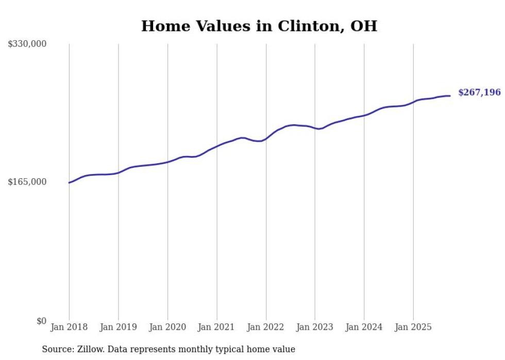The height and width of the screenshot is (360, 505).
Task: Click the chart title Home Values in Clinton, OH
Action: click(259, 26)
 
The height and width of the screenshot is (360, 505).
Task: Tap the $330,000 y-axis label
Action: click(27, 44)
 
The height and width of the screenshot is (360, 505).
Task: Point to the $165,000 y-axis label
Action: click(27, 182)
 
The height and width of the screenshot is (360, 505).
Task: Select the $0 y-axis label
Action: click(42, 321)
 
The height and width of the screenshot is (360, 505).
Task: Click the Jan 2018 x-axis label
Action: click(69, 327)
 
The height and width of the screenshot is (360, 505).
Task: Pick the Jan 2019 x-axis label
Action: click(118, 327)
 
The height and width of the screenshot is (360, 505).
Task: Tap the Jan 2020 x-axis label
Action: click(167, 327)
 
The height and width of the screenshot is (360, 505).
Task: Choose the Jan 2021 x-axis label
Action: click(216, 327)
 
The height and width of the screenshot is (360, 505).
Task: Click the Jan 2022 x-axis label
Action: click(266, 327)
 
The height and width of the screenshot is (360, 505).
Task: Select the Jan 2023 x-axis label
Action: click(315, 327)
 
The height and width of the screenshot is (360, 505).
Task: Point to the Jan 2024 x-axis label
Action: click(364, 327)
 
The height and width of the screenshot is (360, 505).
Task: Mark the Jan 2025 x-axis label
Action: click(413, 327)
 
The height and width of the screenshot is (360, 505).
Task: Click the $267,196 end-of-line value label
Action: click(479, 93)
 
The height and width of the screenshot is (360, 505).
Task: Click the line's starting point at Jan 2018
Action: click(69, 183)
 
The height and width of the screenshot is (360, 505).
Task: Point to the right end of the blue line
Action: click(450, 96)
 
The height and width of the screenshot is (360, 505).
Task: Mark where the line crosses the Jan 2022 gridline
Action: click(266, 138)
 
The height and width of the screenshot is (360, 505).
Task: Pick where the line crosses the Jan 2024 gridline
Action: click(364, 115)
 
